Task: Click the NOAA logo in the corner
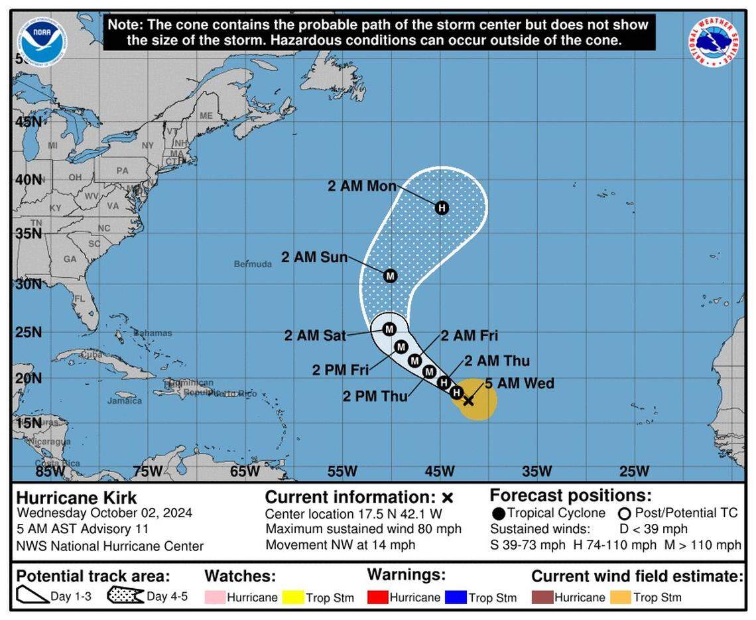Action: pyautogui.click(x=42, y=42)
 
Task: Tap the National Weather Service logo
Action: pyautogui.click(x=714, y=42)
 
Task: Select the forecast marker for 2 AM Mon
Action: pyautogui.click(x=442, y=208)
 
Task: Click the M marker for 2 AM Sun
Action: pyautogui.click(x=390, y=276)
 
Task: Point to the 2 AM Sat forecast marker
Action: pyautogui.click(x=389, y=329)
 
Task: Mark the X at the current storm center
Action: pyautogui.click(x=468, y=400)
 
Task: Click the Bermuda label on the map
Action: pyautogui.click(x=253, y=264)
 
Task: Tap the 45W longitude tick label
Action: pyautogui.click(x=440, y=471)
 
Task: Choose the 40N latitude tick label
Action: pyautogui.click(x=29, y=179)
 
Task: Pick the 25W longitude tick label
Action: pyautogui.click(x=634, y=471)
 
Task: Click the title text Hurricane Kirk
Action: pyautogui.click(x=76, y=498)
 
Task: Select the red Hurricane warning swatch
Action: pyautogui.click(x=377, y=597)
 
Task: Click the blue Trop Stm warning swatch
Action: pyautogui.click(x=456, y=597)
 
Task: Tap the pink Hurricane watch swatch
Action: pyautogui.click(x=215, y=597)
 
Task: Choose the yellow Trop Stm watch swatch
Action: pyautogui.click(x=293, y=597)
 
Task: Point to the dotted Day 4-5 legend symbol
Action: pyautogui.click(x=125, y=595)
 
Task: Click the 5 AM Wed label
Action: pyautogui.click(x=519, y=383)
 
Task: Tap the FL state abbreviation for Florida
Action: pyautogui.click(x=80, y=298)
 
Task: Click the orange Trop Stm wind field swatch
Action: pyautogui.click(x=620, y=597)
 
